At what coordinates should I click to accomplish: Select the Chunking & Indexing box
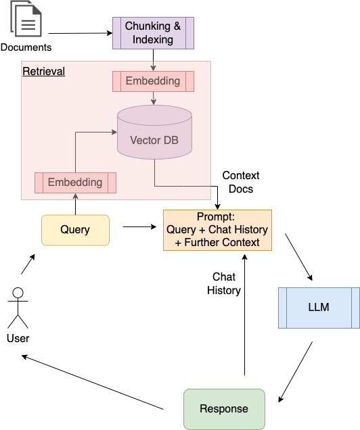[153, 33]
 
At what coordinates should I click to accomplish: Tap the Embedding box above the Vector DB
[153, 81]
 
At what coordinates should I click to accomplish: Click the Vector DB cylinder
[154, 132]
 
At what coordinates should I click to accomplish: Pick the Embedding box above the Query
[76, 183]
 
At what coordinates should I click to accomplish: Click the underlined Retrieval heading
[43, 71]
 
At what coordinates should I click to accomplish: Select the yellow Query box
[76, 230]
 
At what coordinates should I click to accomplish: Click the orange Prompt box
[217, 230]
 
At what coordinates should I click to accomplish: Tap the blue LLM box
[319, 308]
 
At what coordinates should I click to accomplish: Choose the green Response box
[224, 409]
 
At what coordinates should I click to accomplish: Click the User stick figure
[18, 308]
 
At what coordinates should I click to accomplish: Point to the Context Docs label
[241, 182]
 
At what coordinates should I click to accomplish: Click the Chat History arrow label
[224, 283]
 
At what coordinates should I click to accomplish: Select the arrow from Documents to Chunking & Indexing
[81, 33]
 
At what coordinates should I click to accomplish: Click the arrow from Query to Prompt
[139, 226]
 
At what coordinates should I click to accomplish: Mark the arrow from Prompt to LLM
[298, 257]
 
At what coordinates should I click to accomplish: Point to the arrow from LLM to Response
[296, 372]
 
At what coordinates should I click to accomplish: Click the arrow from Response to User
[93, 382]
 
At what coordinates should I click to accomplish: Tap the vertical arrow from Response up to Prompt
[244, 315]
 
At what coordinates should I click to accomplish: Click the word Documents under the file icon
[26, 47]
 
